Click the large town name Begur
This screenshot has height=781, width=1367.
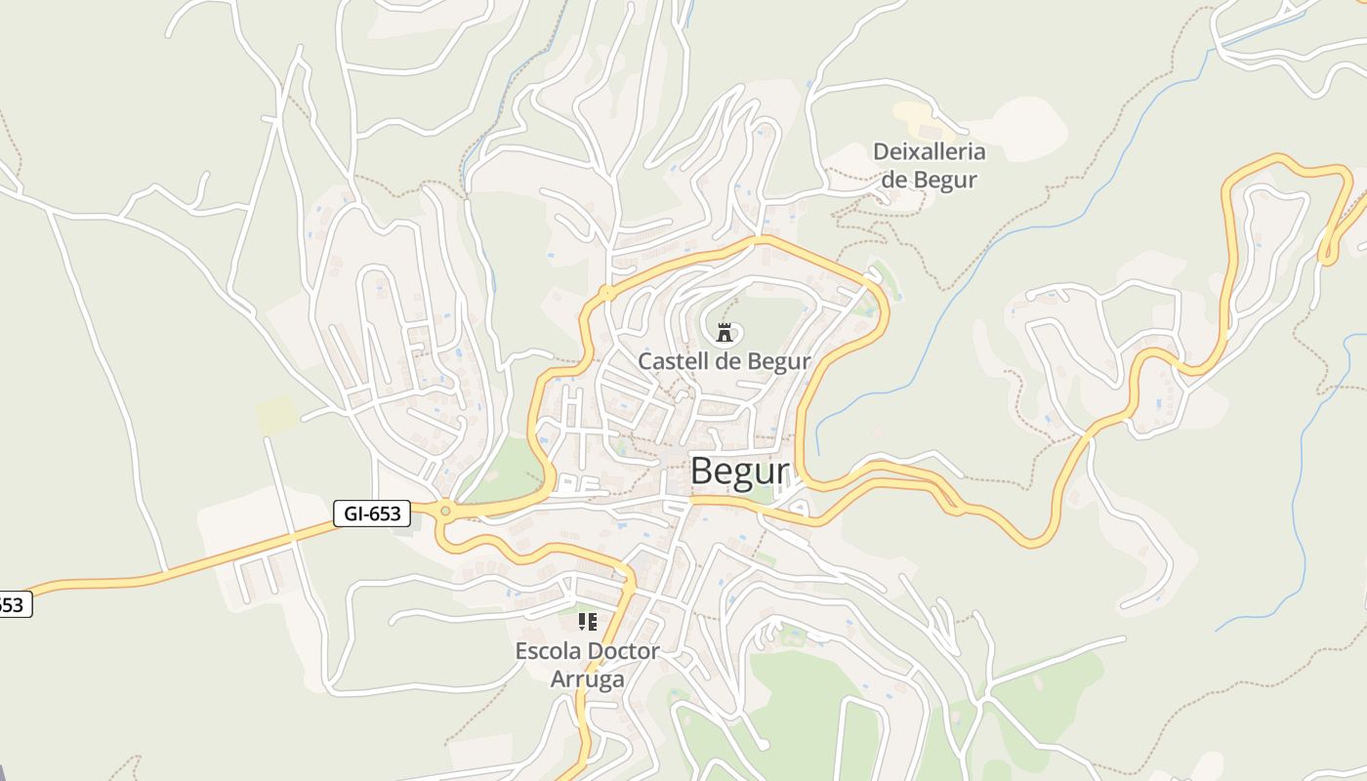(739, 472)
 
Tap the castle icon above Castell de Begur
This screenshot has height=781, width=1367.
(724, 333)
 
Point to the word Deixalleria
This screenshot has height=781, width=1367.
(929, 152)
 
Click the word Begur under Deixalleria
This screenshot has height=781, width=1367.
(945, 180)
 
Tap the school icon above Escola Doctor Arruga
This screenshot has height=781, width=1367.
(587, 621)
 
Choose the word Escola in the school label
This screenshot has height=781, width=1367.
(548, 651)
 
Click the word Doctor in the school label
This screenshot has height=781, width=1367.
(623, 651)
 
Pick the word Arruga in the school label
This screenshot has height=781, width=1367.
(587, 678)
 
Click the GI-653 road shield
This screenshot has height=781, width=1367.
(371, 514)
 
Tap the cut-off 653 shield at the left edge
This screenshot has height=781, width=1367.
(12, 605)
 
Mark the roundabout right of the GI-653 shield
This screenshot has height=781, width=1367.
(445, 510)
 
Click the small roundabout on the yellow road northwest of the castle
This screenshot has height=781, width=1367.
(606, 292)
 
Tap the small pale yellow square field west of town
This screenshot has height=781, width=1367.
(277, 415)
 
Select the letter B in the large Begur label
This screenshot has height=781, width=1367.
(703, 472)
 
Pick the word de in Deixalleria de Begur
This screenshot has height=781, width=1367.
(894, 180)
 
